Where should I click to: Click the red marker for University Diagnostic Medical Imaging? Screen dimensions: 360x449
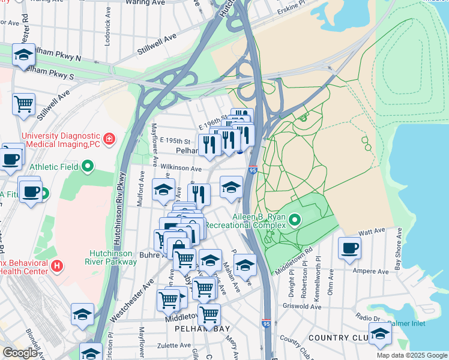tap(109, 140)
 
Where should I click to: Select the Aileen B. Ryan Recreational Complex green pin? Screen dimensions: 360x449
tap(294, 220)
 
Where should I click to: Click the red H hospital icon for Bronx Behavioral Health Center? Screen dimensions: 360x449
tap(57, 265)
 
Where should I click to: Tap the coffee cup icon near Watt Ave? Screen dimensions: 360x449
tap(349, 248)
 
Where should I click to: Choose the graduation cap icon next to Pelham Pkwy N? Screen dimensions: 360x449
tap(23, 56)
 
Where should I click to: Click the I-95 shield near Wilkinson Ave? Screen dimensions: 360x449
tap(253, 170)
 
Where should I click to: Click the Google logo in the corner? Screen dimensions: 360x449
tap(20, 353)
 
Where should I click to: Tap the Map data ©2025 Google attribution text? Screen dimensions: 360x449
tap(411, 355)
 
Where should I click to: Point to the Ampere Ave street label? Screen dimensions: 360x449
tap(375, 271)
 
